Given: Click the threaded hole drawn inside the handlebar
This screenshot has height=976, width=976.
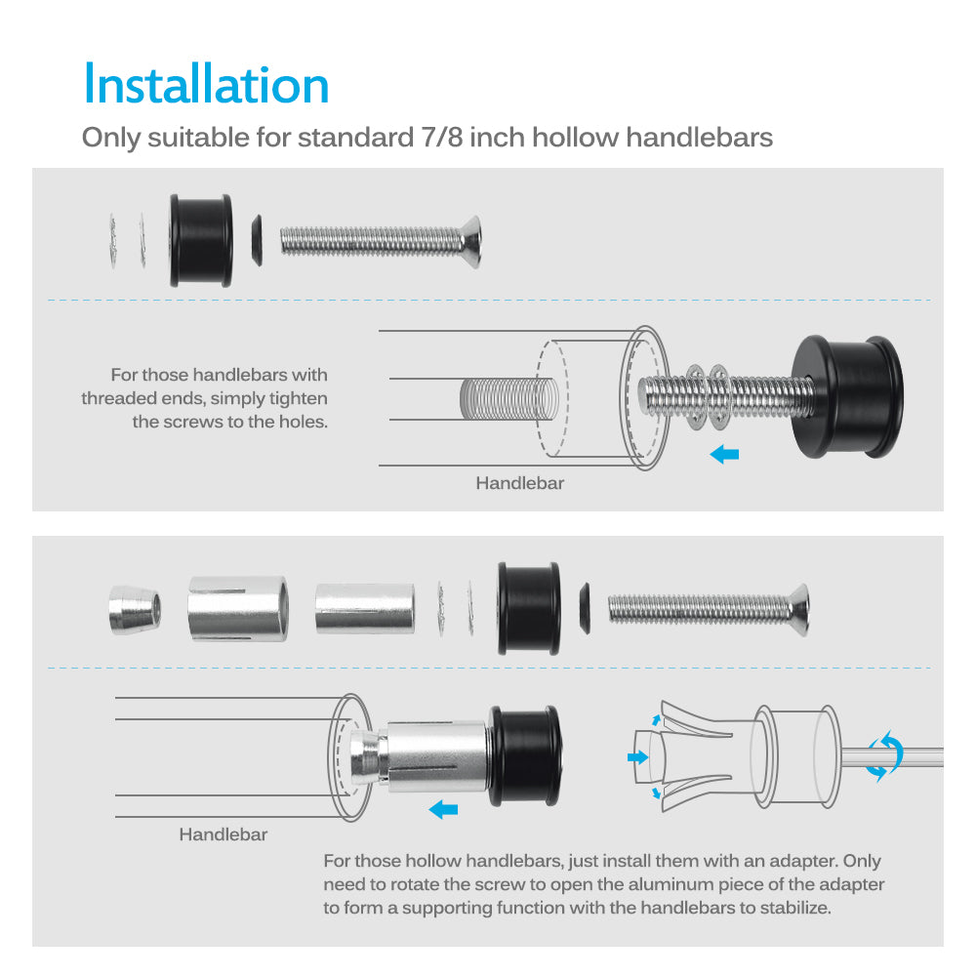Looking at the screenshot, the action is [508, 398].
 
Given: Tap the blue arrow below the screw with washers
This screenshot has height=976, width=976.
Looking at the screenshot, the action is [724, 455].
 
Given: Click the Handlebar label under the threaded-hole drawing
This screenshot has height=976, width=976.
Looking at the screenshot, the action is [520, 483].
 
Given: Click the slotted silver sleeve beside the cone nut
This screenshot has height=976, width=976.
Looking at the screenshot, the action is [238, 609].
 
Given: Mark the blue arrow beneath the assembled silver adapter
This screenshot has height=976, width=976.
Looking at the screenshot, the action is [443, 810].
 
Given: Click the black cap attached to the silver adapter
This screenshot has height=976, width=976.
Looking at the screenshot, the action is [525, 755].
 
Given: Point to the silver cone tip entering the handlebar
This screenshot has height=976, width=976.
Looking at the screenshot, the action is [365, 757].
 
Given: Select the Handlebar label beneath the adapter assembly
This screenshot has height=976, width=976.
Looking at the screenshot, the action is [223, 834].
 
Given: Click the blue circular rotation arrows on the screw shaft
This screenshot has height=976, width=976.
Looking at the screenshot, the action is [884, 756].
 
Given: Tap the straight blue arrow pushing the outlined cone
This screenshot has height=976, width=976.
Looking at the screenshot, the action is [638, 757].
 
